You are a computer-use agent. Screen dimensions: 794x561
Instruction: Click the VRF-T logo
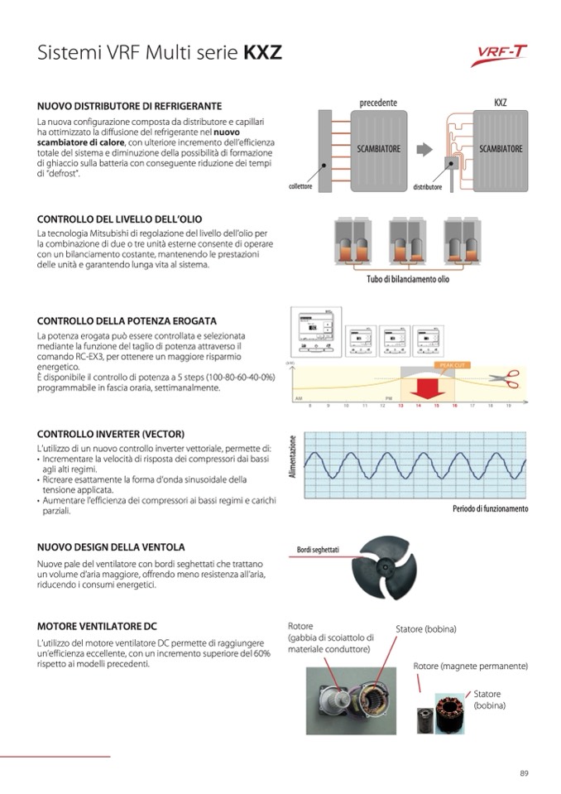502,55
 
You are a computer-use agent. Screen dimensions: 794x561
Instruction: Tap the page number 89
524,773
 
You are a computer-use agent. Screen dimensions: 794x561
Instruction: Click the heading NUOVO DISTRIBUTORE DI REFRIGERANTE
129,107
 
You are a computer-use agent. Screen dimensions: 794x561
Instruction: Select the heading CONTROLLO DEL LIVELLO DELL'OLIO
119,219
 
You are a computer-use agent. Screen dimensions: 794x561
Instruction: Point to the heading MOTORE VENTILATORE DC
97,626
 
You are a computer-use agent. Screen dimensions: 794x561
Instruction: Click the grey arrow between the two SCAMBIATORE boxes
424,149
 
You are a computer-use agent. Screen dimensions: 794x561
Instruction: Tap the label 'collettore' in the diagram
300,187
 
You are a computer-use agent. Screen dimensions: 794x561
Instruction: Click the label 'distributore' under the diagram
428,188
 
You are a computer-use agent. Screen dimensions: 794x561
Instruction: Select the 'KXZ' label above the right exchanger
500,103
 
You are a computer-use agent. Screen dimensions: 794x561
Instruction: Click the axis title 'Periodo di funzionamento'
490,508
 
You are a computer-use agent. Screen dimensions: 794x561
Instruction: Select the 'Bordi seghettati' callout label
318,550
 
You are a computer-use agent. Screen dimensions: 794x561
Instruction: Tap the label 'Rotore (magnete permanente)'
470,666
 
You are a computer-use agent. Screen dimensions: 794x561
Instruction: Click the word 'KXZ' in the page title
262,54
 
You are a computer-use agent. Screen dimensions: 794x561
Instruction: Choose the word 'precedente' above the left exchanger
378,103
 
